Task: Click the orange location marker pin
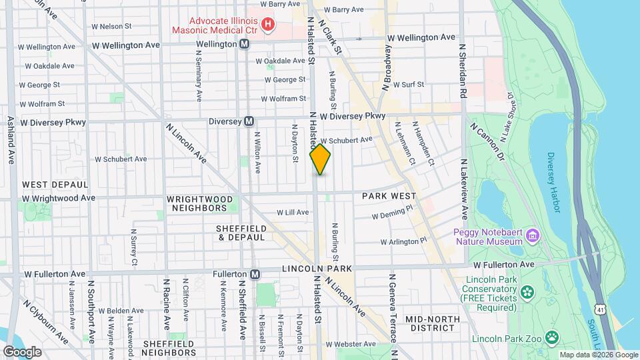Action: tap(320, 159)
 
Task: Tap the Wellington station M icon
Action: tap(245, 43)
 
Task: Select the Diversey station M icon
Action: tap(249, 121)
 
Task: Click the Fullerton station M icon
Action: tap(254, 274)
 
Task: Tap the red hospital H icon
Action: tap(268, 25)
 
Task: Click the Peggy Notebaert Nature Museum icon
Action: tap(532, 235)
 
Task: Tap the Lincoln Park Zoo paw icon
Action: tap(552, 338)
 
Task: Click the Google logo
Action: tap(22, 351)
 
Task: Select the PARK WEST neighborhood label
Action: tap(389, 196)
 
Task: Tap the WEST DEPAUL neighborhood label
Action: tap(55, 184)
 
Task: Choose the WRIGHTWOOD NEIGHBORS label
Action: tap(197, 203)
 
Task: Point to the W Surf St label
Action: tap(408, 85)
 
